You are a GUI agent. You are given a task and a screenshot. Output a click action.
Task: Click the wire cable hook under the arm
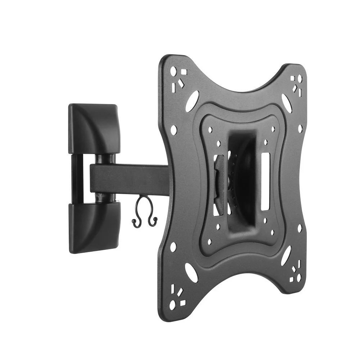coord(145,212)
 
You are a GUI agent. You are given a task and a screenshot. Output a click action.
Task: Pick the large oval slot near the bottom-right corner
coord(286,256)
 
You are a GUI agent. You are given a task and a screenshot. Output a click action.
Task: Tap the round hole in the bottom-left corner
coord(173,306)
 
